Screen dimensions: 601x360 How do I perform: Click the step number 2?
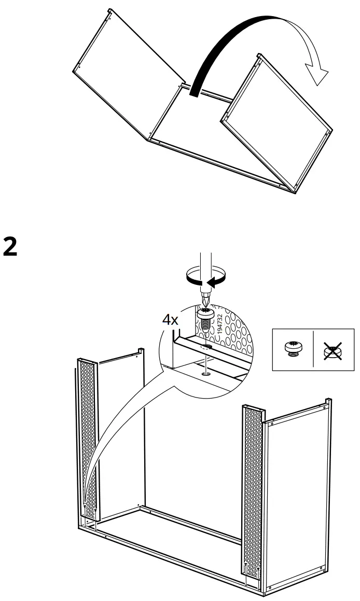pyautogui.click(x=10, y=248)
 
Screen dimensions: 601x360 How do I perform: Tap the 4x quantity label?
pyautogui.click(x=170, y=320)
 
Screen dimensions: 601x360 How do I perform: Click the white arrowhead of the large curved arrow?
pyautogui.click(x=317, y=73)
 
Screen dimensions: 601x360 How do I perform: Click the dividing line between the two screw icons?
pyautogui.click(x=313, y=349)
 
